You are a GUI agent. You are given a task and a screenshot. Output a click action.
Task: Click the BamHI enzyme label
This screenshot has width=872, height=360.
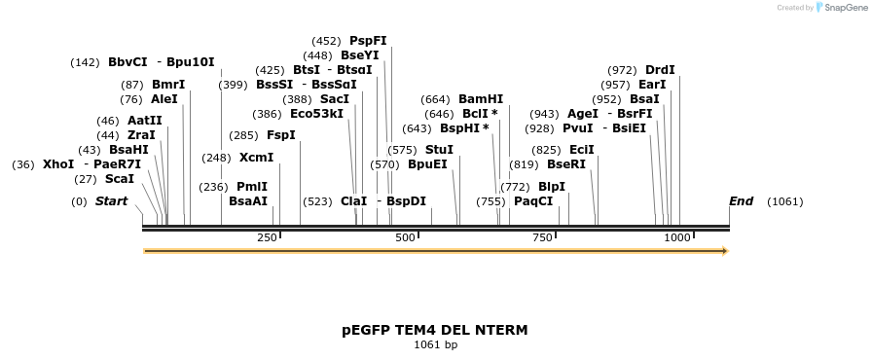tap(481, 99)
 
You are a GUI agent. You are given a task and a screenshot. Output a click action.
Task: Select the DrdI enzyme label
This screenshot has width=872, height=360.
tap(660, 70)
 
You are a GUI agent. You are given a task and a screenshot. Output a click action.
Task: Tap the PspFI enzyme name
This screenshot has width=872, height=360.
tap(368, 41)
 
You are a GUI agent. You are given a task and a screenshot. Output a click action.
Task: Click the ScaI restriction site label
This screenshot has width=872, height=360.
tap(120, 179)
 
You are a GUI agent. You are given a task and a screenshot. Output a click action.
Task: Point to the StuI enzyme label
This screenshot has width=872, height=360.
tap(439, 150)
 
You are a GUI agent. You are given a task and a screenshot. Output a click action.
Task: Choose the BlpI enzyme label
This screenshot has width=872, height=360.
tap(551, 187)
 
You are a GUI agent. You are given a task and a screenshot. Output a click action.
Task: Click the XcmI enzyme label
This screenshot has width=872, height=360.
tap(256, 158)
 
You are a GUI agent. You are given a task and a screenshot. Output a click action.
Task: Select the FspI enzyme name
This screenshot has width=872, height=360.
tap(280, 135)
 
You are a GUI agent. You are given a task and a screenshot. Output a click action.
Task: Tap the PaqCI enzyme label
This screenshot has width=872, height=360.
tap(533, 201)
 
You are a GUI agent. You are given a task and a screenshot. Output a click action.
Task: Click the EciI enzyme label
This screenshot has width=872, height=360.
tap(582, 150)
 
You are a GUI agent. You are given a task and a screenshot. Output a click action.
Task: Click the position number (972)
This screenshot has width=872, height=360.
tap(622, 70)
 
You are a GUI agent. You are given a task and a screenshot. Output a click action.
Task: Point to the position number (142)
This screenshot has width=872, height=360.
tap(85, 62)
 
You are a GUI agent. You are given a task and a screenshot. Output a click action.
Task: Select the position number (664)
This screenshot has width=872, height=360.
tap(435, 99)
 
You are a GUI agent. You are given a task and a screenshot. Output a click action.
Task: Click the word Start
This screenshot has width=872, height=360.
tap(111, 201)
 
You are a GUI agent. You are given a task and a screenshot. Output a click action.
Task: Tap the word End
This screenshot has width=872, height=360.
tap(741, 201)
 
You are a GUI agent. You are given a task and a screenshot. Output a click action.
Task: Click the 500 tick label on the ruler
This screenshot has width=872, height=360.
tap(405, 237)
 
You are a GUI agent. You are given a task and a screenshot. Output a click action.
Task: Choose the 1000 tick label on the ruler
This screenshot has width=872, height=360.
tap(676, 237)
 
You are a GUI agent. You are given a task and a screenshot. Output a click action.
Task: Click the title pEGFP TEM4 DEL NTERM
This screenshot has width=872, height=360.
tap(435, 330)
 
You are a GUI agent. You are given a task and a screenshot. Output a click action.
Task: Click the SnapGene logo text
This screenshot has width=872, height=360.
tap(842, 8)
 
